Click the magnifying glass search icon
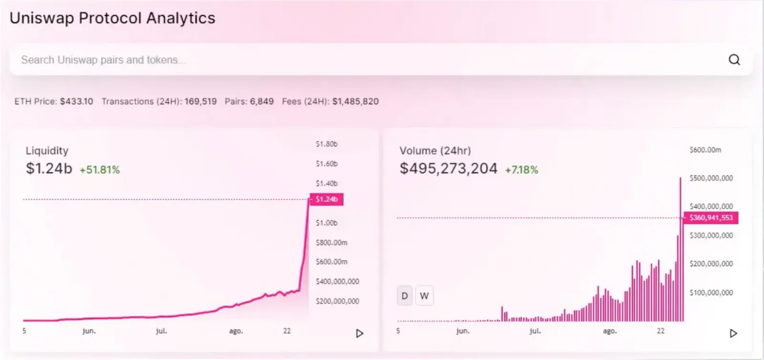point(734,60)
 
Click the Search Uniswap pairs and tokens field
point(381,60)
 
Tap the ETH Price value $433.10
point(76,102)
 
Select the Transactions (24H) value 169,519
point(201,102)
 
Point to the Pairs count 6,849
point(262,102)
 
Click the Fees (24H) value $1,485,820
point(355,102)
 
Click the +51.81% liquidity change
point(100,170)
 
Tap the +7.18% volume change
point(521,170)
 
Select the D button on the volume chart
point(404,296)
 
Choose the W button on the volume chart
point(424,296)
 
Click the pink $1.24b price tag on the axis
point(327,200)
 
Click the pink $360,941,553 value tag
point(711,218)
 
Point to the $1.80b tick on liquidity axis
point(327,144)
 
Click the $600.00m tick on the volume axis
point(705,150)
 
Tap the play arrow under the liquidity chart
point(360,333)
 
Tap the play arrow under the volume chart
point(733,333)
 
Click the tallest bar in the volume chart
point(680,249)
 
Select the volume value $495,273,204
point(448,169)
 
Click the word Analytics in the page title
point(181,18)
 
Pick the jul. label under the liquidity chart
point(161,331)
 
